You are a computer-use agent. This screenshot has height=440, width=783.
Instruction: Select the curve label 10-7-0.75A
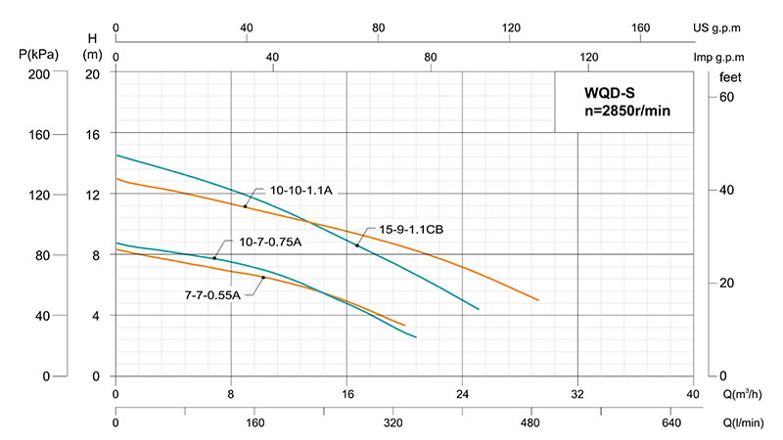click(x=271, y=242)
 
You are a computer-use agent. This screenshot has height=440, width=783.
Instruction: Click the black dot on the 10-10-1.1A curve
click(x=246, y=206)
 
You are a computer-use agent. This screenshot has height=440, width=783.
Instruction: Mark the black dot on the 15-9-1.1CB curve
click(x=357, y=245)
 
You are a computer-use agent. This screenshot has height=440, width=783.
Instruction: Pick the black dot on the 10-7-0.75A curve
click(x=214, y=258)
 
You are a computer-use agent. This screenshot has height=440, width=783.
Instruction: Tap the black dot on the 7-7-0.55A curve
click(x=263, y=278)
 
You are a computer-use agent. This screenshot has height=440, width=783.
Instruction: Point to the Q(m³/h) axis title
click(x=736, y=395)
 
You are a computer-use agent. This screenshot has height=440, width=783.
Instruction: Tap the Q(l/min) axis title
click(x=740, y=424)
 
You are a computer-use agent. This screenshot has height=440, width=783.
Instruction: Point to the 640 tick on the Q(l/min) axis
click(x=670, y=424)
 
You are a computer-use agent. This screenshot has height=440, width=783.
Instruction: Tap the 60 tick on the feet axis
click(x=727, y=97)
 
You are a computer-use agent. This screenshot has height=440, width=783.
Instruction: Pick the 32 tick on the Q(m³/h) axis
click(x=577, y=395)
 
